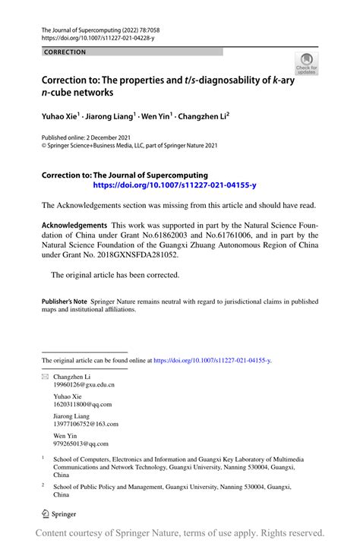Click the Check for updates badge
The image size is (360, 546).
click(x=307, y=65)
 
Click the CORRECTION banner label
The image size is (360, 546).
click(x=65, y=52)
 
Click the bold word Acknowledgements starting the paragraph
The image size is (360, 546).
click(x=74, y=226)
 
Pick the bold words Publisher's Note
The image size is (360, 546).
click(x=64, y=301)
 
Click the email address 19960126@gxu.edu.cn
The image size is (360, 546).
click(x=84, y=386)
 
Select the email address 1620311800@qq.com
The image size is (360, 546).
click(x=81, y=406)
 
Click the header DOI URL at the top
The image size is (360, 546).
click(x=100, y=36)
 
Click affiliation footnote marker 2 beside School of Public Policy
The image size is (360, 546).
click(x=43, y=483)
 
